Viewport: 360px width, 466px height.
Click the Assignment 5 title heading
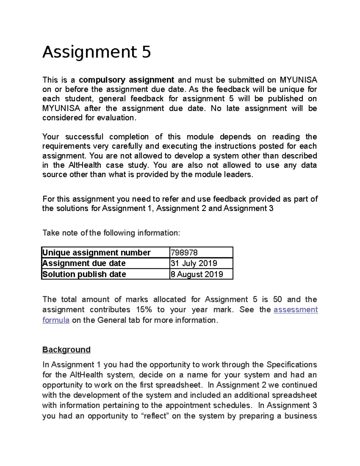(97, 52)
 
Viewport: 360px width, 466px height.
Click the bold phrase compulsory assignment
(126, 80)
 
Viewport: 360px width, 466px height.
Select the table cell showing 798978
(184, 253)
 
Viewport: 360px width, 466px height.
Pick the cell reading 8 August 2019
(197, 274)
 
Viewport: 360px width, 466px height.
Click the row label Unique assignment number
(96, 253)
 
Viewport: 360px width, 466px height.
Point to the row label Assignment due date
(84, 263)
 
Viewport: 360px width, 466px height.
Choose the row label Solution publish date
(84, 274)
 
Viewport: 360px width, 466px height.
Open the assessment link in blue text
(295, 310)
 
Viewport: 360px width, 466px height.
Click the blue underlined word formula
(56, 320)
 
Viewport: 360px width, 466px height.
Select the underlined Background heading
(66, 350)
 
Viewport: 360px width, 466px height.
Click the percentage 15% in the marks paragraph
(144, 310)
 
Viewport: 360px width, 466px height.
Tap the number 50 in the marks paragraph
(277, 299)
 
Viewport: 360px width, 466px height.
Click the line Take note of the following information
(111, 233)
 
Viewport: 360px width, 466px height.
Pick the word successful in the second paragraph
(84, 137)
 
